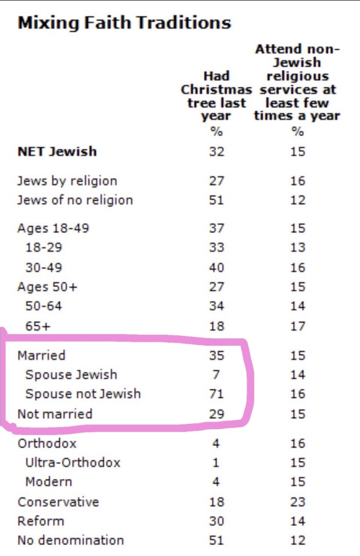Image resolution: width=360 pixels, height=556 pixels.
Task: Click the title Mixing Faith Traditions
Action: click(124, 23)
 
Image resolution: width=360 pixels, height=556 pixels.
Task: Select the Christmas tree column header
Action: click(216, 96)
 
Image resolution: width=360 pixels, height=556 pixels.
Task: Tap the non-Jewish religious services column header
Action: click(297, 82)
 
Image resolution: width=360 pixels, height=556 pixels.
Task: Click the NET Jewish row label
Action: click(57, 152)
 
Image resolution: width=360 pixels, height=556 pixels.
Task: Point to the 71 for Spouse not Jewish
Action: click(216, 394)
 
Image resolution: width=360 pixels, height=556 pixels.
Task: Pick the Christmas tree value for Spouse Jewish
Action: click(216, 375)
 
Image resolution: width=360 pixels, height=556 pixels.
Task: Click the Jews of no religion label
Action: click(75, 200)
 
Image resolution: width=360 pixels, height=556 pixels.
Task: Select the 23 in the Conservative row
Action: click(297, 502)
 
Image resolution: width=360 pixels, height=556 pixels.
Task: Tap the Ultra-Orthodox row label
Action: click(73, 463)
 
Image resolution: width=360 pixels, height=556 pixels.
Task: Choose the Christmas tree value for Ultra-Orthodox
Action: click(216, 463)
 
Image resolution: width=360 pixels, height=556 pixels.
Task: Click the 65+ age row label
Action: click(38, 326)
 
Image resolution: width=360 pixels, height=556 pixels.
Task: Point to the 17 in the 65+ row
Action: click(297, 326)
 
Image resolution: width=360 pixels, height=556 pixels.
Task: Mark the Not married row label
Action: click(55, 414)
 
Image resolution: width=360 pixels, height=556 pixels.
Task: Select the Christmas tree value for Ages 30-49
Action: click(216, 268)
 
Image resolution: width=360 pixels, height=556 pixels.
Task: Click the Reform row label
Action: click(41, 521)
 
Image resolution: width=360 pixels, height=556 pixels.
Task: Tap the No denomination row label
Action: click(71, 540)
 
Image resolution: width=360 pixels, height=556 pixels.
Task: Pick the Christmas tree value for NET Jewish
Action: click(216, 152)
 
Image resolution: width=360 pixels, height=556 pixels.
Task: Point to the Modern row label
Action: click(49, 482)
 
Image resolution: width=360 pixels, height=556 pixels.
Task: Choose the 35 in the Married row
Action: click(216, 355)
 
